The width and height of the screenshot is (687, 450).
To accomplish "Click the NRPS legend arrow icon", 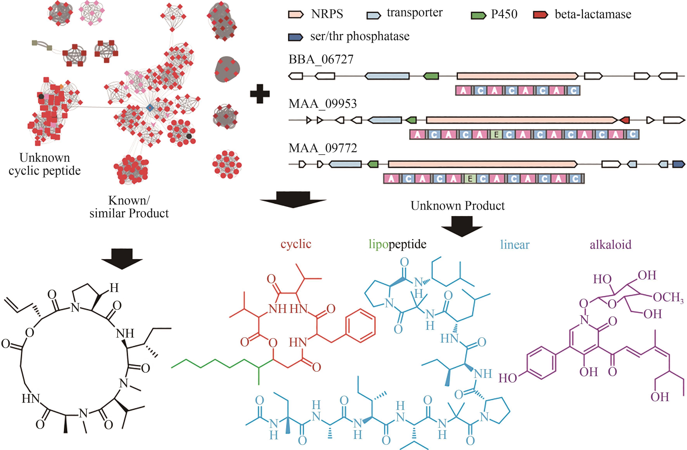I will tap(296, 14).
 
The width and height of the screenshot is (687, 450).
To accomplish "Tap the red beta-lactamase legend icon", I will tap(540, 14).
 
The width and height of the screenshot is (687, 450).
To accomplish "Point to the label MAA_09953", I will tap(322, 104).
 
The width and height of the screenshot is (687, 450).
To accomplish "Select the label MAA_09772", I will tap(322, 148).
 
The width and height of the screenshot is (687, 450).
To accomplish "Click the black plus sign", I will tap(260, 94).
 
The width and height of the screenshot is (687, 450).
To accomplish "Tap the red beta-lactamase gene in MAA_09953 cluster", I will tap(625, 120).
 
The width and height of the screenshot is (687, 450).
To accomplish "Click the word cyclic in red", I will tap(296, 244).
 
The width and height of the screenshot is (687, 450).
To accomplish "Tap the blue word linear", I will tap(515, 245).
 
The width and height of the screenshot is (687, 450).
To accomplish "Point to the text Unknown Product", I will tap(458, 206).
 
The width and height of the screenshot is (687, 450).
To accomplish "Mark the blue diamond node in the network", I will tap(149, 108).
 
